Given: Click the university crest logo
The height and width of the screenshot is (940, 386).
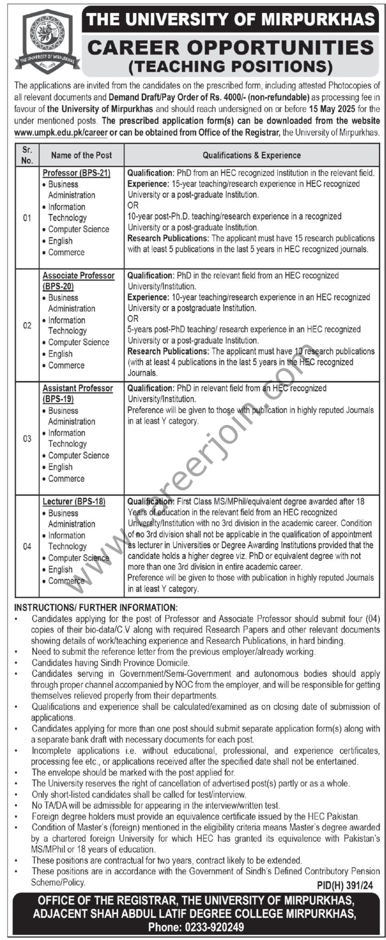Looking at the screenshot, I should tap(47, 42).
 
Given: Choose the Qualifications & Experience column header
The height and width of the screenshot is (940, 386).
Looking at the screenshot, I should tap(252, 155).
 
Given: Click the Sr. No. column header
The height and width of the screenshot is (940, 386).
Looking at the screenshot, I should tap(27, 155).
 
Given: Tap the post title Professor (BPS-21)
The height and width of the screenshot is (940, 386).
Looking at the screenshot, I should tap(76, 173).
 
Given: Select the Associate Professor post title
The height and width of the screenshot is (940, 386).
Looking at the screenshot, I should tap(78, 276).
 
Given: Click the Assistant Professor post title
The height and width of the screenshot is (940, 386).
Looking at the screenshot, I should tap(77, 388).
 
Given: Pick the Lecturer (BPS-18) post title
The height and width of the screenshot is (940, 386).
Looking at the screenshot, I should tap(74, 501).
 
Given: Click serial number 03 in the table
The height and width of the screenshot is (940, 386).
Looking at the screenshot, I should tap(27, 439).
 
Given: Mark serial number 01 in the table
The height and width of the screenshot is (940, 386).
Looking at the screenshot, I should tap(27, 218).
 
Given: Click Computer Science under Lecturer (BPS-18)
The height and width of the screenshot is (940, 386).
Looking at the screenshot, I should tap(78, 558).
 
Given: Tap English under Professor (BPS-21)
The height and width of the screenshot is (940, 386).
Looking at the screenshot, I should tap(60, 241).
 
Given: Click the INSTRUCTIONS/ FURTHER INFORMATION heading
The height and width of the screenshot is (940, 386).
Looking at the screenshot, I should tap(96, 607).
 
